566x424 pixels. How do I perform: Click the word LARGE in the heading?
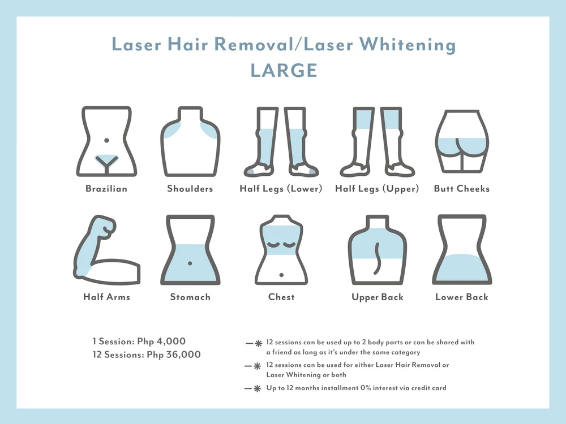click(x=284, y=70)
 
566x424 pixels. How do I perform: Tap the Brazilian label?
click(x=106, y=189)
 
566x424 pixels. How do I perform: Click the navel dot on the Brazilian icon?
click(x=106, y=140)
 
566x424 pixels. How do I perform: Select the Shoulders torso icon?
click(x=190, y=141)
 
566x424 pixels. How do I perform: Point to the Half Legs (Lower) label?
click(x=281, y=189)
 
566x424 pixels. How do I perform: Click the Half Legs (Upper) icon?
click(x=377, y=141)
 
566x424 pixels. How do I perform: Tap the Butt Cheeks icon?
click(x=462, y=141)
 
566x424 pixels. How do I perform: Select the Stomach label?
click(x=190, y=297)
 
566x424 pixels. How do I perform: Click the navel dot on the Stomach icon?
click(x=190, y=263)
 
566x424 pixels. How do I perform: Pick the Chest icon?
click(x=281, y=250)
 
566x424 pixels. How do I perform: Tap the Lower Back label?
click(x=462, y=297)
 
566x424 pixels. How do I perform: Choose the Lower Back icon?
click(x=462, y=250)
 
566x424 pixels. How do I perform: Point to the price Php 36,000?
click(x=174, y=355)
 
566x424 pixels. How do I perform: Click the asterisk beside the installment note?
click(x=257, y=388)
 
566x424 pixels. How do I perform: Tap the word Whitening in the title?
click(x=408, y=45)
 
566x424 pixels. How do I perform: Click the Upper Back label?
click(x=377, y=297)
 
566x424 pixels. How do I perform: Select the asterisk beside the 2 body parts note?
click(x=259, y=343)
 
